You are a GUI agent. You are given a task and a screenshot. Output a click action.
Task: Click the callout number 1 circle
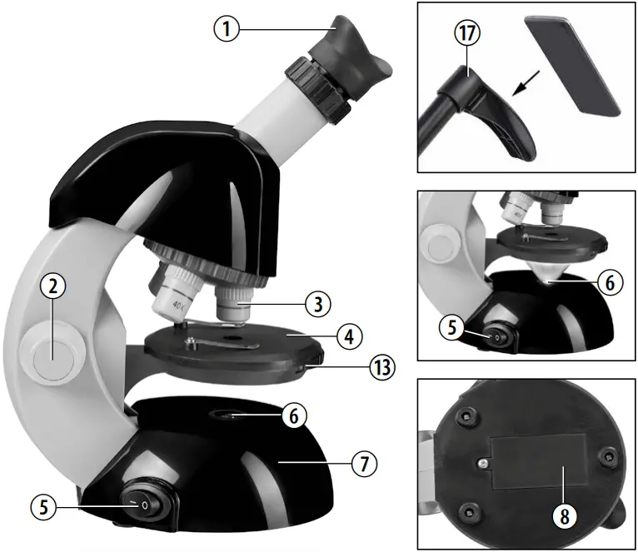coord(227,30)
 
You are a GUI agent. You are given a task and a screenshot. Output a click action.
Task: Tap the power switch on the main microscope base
coord(144,505)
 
